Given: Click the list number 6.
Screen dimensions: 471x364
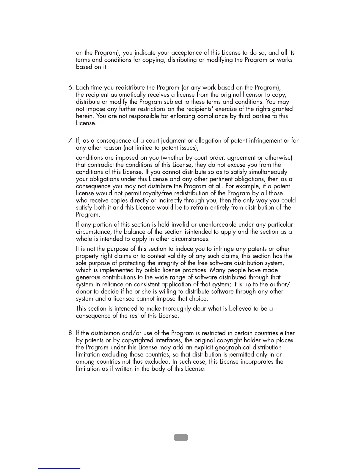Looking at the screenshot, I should tap(70, 88).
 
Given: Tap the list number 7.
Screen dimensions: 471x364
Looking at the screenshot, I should tap(70, 141).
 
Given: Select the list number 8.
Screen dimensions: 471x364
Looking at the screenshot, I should tap(70, 333).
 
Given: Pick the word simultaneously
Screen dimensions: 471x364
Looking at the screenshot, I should tap(268, 172).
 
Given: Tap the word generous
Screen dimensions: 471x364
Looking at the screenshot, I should tap(88, 278).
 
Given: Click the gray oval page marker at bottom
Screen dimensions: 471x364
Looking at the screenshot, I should tap(180, 437).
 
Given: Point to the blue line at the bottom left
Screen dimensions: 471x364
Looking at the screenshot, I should tap(59, 468).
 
